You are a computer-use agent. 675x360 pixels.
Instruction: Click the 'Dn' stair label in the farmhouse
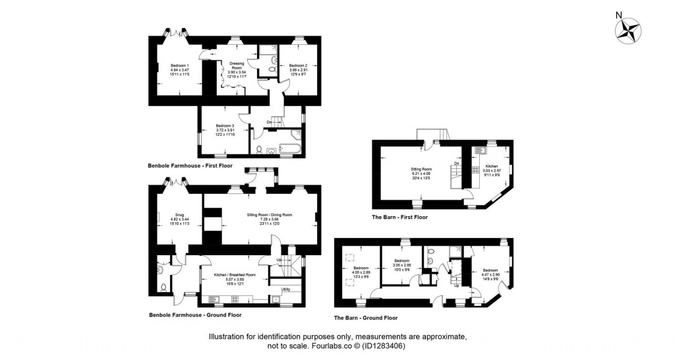click(x=269, y=122)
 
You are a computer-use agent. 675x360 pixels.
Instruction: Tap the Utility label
click(x=285, y=289)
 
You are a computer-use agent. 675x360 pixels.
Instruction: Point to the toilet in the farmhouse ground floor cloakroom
click(x=163, y=287)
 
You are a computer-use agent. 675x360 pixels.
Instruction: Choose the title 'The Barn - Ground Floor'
click(x=365, y=318)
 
